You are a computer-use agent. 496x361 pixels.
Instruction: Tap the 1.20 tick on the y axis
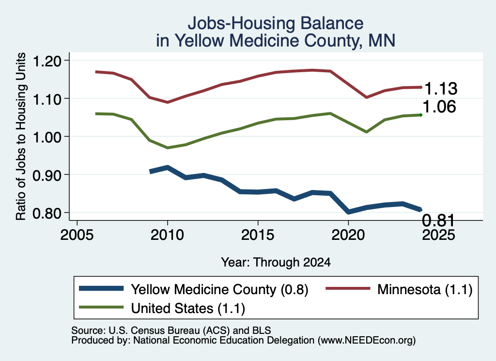pos(47,61)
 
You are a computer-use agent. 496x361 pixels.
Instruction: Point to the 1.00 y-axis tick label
pos(47,137)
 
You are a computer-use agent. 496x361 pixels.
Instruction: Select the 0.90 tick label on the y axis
pos(47,174)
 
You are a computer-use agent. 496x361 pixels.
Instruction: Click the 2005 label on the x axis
pos(77,235)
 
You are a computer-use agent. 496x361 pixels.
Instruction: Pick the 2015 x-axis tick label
pos(258,235)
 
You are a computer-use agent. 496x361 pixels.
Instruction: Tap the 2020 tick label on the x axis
pos(348,235)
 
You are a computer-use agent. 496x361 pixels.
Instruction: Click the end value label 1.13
pos(441,89)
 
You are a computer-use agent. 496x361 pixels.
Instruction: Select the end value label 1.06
pos(439,107)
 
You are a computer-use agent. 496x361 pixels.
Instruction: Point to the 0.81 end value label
pos(438,220)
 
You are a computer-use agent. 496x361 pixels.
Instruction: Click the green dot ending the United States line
pos(421,115)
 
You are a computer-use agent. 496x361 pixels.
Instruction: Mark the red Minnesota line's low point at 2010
pos(167,102)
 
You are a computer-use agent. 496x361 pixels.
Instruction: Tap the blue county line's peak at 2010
pos(167,167)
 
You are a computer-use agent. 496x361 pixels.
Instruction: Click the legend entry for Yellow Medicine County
pos(194,289)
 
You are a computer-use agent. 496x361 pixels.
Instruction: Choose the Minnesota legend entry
pos(399,289)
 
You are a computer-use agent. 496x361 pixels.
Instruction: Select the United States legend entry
pos(162,308)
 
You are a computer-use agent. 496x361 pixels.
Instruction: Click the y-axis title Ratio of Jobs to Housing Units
pos(21,136)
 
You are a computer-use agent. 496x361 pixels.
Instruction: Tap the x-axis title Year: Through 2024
pos(276,262)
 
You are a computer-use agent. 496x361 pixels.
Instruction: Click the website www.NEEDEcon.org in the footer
pos(367,341)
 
